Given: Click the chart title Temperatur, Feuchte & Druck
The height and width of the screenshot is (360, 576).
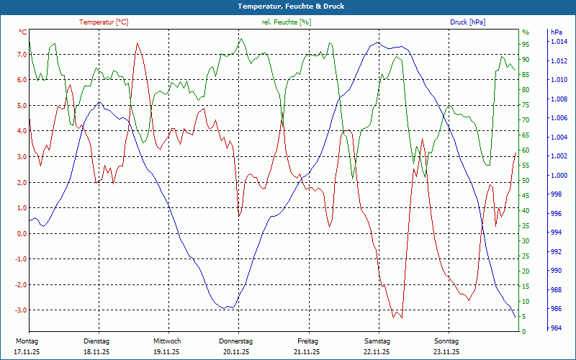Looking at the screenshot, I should (288, 6).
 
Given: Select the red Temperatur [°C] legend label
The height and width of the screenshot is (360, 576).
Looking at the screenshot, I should (104, 22).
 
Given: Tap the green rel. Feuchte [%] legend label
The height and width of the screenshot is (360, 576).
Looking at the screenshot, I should (287, 22).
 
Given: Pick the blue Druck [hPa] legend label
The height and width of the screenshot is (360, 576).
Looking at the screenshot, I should (467, 22).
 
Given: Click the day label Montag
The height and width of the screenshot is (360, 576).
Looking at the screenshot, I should (27, 341).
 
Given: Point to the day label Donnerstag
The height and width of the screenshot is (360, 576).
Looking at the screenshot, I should (236, 341).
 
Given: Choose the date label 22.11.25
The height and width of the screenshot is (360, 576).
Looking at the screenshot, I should (377, 352).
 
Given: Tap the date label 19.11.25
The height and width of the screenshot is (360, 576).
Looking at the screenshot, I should (166, 352).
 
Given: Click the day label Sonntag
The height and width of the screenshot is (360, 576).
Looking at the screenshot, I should (446, 341).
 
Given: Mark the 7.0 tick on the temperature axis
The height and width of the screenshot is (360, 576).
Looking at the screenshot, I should (22, 54).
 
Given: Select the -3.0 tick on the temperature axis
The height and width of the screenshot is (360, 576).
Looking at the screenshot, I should (20, 310).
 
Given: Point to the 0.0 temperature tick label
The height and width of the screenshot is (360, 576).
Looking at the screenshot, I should (22, 233).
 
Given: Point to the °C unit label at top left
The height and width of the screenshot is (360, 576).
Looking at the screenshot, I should (23, 32).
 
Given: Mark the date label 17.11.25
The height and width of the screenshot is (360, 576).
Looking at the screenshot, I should (26, 352).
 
